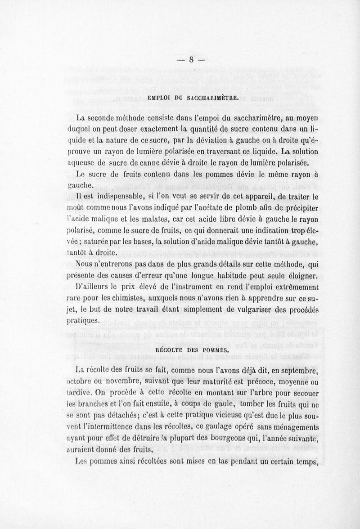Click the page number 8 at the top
191,59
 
